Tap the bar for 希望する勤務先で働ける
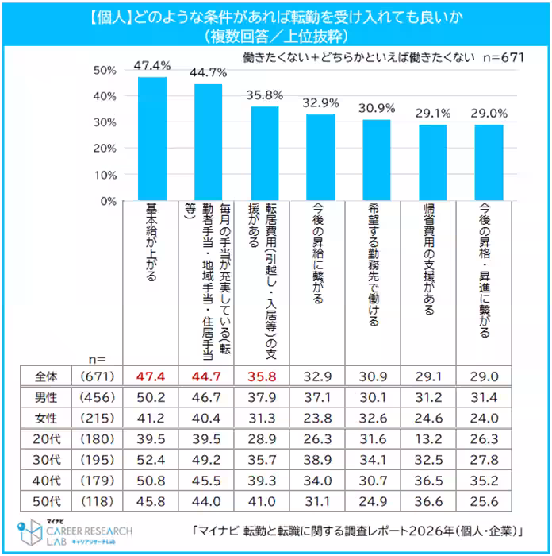coord(377,160)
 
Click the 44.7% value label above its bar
coord(209,72)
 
